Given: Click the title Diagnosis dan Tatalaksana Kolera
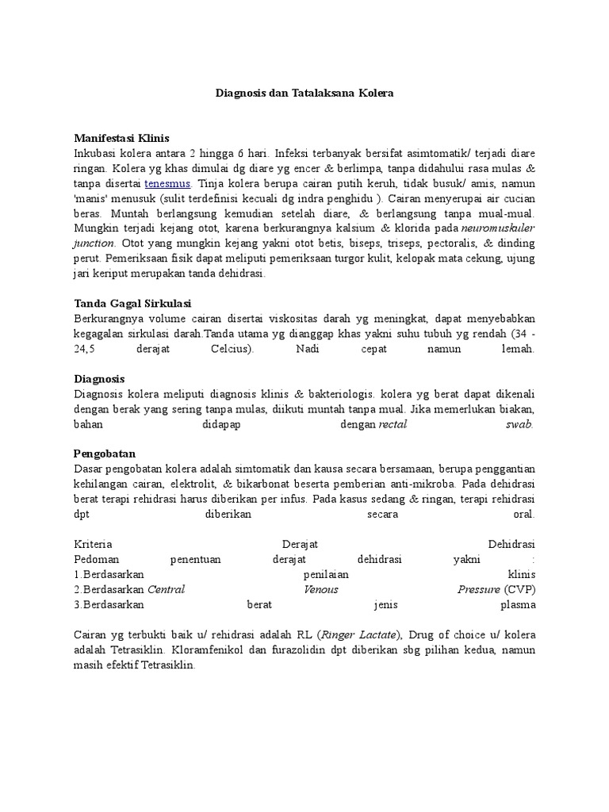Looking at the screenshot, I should [x=304, y=93].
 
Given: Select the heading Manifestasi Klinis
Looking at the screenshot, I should [x=121, y=137].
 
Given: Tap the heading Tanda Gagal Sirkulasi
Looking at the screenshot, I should [x=132, y=303].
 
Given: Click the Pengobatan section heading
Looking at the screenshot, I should [x=105, y=454].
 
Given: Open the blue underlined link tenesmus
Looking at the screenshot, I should [x=167, y=182].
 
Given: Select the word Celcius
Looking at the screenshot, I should [x=232, y=349].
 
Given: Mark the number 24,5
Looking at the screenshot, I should [x=84, y=349].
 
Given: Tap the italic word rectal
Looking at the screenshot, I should [x=393, y=424].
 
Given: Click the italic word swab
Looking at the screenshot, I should [x=519, y=424].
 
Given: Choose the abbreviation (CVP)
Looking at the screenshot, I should [x=519, y=589].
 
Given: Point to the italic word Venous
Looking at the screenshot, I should [x=320, y=589].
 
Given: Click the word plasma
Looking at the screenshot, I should [x=518, y=604].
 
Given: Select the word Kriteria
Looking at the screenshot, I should [x=93, y=544].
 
